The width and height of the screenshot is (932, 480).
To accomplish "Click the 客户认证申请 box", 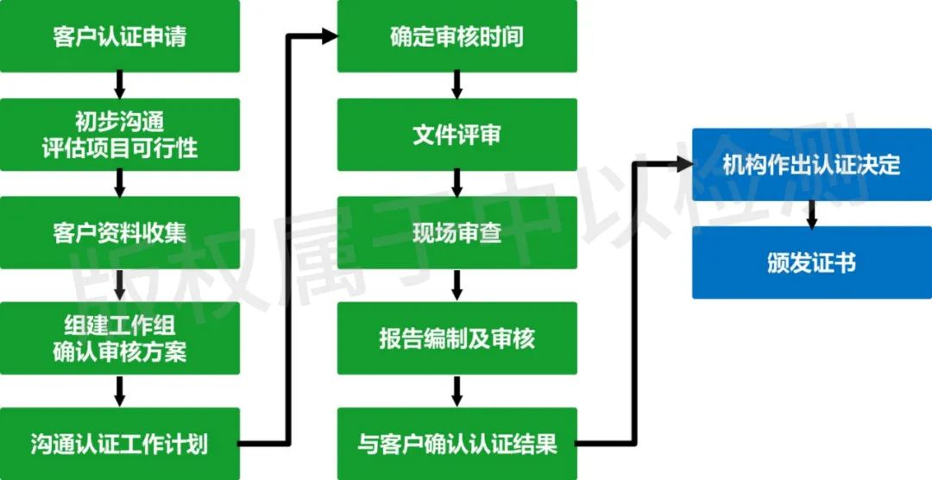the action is pyautogui.click(x=119, y=35).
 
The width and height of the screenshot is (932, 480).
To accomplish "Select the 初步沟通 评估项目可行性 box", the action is pyautogui.click(x=119, y=135).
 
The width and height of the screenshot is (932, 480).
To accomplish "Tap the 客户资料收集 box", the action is pyautogui.click(x=119, y=232).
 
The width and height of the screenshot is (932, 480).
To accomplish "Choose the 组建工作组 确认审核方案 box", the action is pyautogui.click(x=119, y=338).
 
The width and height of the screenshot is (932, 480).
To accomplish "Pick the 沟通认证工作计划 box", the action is pyautogui.click(x=119, y=444).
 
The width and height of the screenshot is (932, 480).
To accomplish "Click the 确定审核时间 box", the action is pyautogui.click(x=457, y=35).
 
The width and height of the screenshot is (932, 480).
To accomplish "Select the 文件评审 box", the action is pyautogui.click(x=457, y=135).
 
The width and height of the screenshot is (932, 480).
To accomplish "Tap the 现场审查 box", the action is pyautogui.click(x=457, y=232).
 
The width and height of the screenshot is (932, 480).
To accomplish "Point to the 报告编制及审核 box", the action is pyautogui.click(x=457, y=338).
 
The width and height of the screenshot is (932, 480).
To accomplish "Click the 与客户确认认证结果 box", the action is pyautogui.click(x=457, y=444).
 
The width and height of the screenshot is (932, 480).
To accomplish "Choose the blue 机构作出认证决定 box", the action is pyautogui.click(x=812, y=164).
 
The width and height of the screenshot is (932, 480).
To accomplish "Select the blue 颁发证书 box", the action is pyautogui.click(x=812, y=262).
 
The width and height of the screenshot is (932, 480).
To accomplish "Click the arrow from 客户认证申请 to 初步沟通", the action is pyautogui.click(x=119, y=85).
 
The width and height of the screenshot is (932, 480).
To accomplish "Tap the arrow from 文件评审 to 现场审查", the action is pyautogui.click(x=457, y=183).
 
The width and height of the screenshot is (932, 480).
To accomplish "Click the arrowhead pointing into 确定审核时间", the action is pyautogui.click(x=330, y=35).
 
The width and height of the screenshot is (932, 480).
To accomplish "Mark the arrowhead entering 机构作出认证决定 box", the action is pyautogui.click(x=684, y=164).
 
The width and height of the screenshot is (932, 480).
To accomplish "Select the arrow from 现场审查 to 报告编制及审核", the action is pyautogui.click(x=457, y=286).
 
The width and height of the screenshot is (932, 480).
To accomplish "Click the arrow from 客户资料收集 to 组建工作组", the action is pyautogui.click(x=119, y=286).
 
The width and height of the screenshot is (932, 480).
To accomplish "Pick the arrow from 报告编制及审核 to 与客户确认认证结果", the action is pyautogui.click(x=457, y=391).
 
